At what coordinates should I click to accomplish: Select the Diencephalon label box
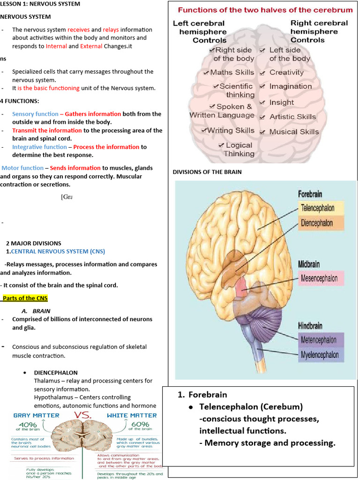[321, 223]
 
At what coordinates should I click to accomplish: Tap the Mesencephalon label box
[321, 278]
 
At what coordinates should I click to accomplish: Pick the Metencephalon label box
[321, 340]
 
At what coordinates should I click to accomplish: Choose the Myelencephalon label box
[321, 355]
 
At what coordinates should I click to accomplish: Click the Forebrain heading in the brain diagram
[310, 194]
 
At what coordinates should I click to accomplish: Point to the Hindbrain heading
[310, 325]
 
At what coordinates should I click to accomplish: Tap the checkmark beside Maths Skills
[206, 73]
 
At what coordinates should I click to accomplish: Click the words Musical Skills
[294, 132]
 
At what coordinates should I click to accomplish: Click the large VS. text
[85, 416]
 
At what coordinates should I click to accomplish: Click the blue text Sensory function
[35, 114]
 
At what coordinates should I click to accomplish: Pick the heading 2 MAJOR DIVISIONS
[33, 243]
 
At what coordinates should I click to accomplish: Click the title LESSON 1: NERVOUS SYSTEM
[40, 4]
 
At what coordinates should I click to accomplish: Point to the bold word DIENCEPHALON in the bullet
[56, 373]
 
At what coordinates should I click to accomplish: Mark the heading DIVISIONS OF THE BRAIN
[207, 172]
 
